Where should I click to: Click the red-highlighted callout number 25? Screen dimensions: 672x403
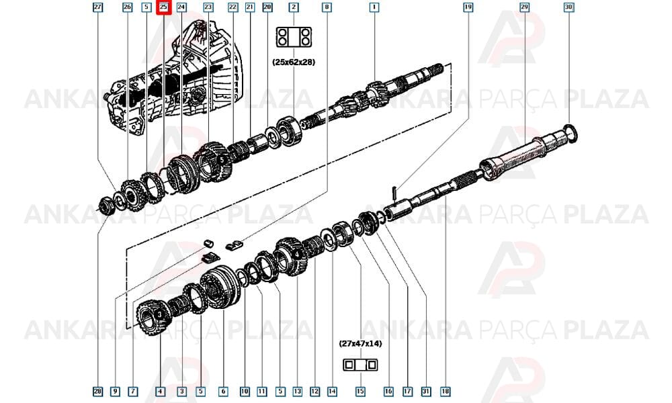[163, 7]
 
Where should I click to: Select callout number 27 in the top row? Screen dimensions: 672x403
[98, 7]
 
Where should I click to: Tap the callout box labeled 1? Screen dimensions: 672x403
[374, 7]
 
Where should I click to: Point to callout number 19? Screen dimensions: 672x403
[468, 7]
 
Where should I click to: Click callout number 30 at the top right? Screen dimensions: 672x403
[569, 7]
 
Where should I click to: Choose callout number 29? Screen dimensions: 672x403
[524, 7]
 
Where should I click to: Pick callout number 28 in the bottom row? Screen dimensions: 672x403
[97, 391]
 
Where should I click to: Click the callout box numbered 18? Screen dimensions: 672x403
[446, 391]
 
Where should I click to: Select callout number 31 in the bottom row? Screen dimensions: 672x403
[425, 391]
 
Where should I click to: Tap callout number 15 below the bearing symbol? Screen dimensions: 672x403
[360, 391]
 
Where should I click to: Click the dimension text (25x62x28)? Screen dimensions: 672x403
[294, 62]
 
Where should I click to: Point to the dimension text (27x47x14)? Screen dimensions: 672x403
[360, 343]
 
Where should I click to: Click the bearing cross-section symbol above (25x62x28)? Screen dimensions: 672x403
[294, 37]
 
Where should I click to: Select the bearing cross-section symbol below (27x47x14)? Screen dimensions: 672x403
[360, 365]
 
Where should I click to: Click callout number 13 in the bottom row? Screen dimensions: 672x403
[298, 391]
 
